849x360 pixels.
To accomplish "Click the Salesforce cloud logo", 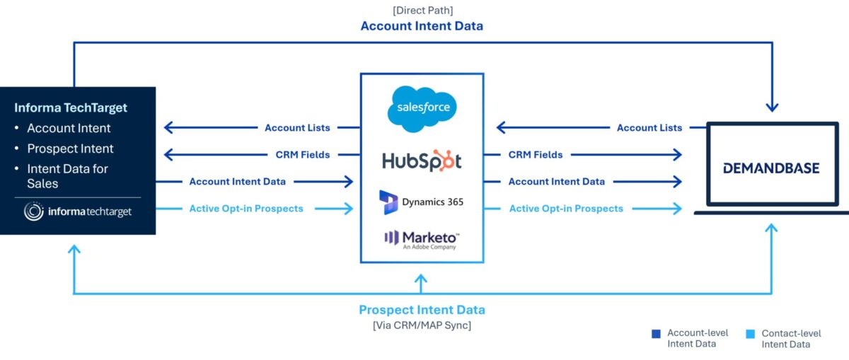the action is [x=422, y=109].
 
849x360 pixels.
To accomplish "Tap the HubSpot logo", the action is [x=422, y=161].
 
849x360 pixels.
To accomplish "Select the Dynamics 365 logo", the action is [x=422, y=202].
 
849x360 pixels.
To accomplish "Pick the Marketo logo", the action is [x=422, y=240].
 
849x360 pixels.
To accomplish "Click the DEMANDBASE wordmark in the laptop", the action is [x=771, y=168].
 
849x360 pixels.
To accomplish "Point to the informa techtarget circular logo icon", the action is [x=34, y=211].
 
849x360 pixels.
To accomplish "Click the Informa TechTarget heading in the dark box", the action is [x=71, y=108].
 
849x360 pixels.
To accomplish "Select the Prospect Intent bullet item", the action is [x=70, y=149].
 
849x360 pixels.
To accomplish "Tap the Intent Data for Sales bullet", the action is [x=67, y=176].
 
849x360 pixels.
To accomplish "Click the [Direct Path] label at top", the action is [x=422, y=10].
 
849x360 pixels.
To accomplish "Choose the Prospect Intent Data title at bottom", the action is [x=422, y=310].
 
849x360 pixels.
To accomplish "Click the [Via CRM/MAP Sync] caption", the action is [x=422, y=325].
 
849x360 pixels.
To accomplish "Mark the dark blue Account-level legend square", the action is [x=656, y=334].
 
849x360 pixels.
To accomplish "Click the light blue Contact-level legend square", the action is [x=750, y=334].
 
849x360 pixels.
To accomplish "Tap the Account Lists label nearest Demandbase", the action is [x=649, y=128].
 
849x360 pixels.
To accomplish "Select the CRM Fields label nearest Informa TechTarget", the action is [x=303, y=155].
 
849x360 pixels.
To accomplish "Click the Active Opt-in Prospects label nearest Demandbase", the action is [x=566, y=209].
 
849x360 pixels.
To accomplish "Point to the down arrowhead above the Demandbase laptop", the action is [x=772, y=108].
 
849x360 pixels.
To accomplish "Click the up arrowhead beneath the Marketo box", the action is [x=421, y=279].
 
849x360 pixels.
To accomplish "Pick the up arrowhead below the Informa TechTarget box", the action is [x=74, y=250].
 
